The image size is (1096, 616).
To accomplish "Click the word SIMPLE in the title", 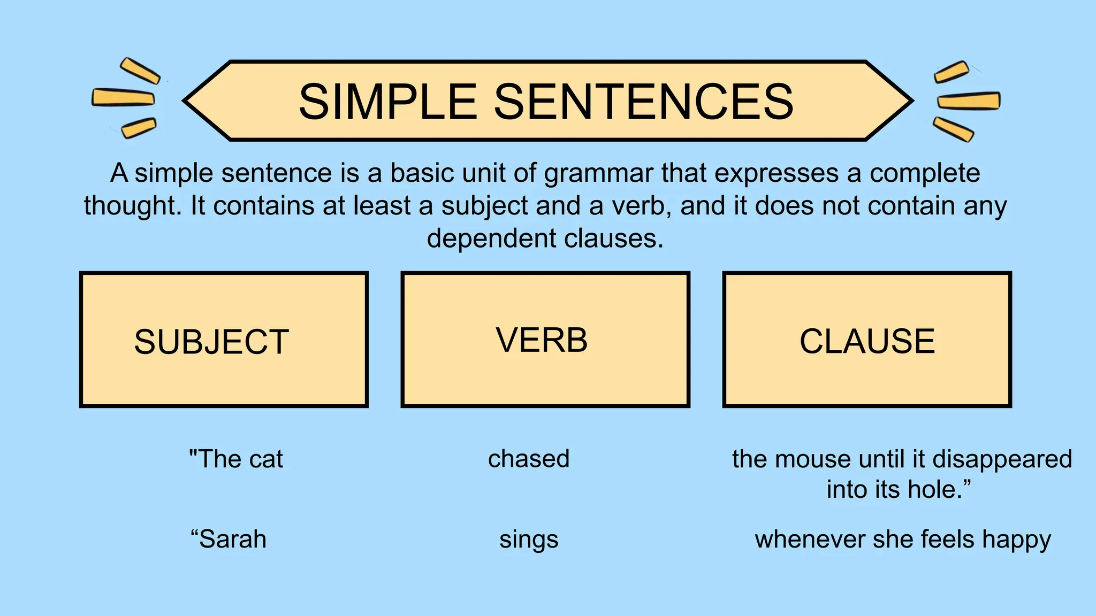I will tap(387, 102).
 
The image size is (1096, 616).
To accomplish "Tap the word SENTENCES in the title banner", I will tap(643, 102).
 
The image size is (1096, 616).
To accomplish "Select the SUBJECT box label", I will tap(211, 342).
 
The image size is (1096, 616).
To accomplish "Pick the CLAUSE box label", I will tap(867, 341).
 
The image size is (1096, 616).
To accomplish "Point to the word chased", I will tap(529, 459).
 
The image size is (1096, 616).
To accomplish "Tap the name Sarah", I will tap(232, 539).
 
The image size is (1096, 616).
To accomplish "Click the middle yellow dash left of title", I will tap(123, 97).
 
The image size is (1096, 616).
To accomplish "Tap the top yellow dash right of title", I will tap(951, 72).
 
